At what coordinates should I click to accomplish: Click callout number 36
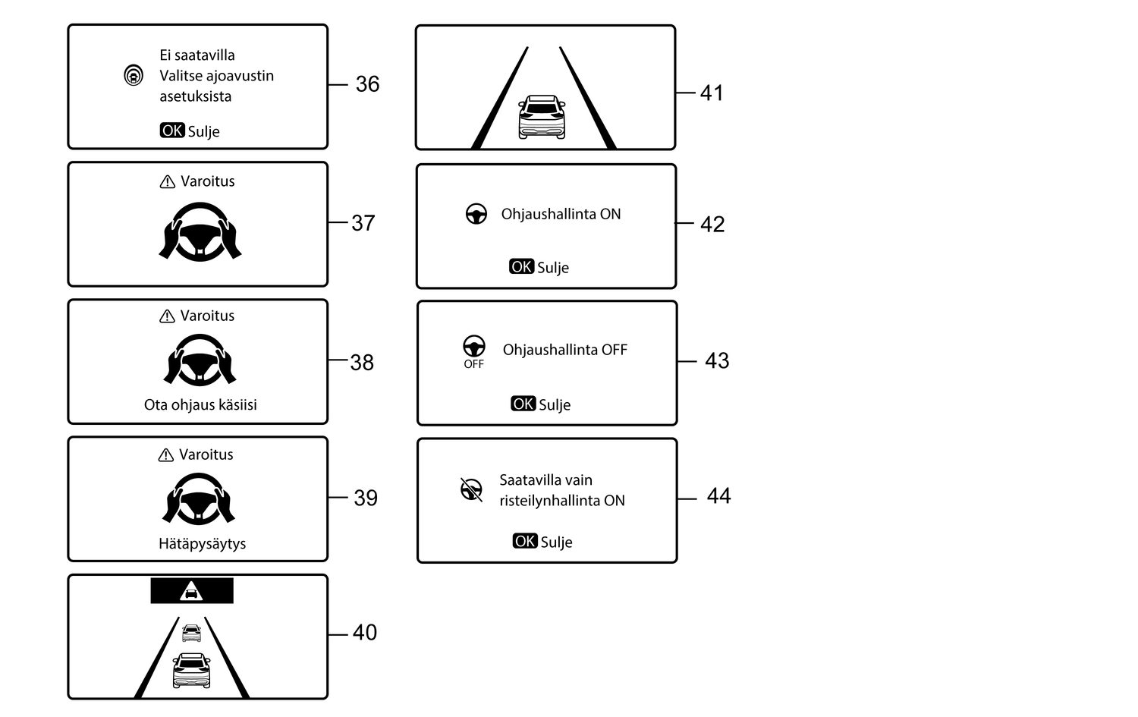point(367,84)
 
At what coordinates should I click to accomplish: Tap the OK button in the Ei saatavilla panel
point(172,131)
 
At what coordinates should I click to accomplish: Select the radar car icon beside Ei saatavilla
point(134,76)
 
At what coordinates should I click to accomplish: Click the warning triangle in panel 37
point(167,182)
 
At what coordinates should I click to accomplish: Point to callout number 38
point(362,363)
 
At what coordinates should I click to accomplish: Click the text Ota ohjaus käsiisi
point(200,405)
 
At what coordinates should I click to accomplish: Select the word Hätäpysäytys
point(203,544)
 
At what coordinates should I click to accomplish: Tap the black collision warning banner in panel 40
point(192,590)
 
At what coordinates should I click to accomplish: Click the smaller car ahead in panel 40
point(191,633)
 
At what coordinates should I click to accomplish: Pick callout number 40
point(365,633)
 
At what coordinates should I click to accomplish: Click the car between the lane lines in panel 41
point(542,117)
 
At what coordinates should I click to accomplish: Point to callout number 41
point(712,93)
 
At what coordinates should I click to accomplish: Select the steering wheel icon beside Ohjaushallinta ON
point(476,214)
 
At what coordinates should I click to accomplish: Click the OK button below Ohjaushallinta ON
point(522,267)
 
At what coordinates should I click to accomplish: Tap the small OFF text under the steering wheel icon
point(474,364)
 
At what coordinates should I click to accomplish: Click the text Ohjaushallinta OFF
point(565,350)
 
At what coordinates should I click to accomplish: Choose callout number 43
point(717,361)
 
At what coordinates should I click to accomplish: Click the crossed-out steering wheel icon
point(471,490)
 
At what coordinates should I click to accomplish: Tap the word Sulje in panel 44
point(556,542)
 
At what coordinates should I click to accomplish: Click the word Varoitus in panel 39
point(206,454)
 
